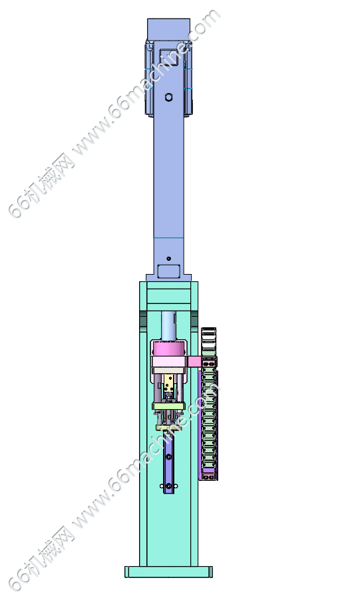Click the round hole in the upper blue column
click(x=169, y=97)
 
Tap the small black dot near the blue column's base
click(x=168, y=259)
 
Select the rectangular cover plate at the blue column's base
click(x=169, y=271)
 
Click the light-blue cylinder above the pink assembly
click(x=169, y=325)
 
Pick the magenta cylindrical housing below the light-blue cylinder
click(x=169, y=348)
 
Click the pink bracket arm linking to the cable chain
click(x=194, y=362)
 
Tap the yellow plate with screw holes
click(x=169, y=383)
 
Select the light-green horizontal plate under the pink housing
click(x=168, y=406)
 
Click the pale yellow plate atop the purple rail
click(x=168, y=428)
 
